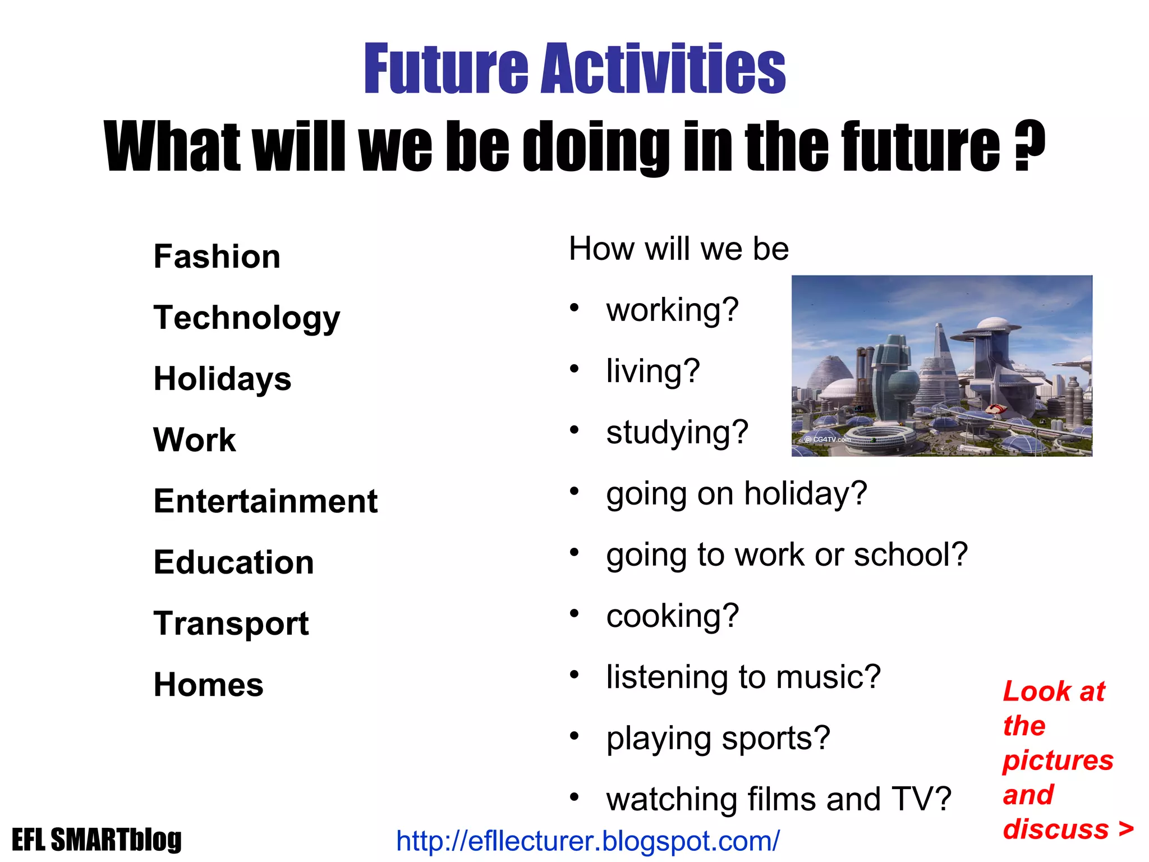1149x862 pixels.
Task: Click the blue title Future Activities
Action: click(574, 70)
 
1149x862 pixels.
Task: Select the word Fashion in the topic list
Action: click(217, 257)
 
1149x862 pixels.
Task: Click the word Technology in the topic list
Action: click(247, 318)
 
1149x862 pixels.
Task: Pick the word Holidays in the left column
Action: click(222, 379)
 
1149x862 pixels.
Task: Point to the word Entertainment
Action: click(265, 501)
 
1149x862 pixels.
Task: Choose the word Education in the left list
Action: click(233, 562)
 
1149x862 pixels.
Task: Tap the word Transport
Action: click(231, 623)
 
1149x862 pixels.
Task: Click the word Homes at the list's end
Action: click(208, 685)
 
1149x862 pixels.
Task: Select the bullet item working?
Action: click(672, 310)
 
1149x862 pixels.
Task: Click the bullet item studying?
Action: click(677, 433)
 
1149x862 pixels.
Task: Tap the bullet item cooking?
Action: click(672, 616)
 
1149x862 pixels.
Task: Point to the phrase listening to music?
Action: click(743, 677)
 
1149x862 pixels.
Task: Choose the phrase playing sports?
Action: click(718, 739)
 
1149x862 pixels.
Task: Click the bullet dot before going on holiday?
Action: click(574, 492)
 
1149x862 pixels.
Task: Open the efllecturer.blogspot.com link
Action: click(587, 841)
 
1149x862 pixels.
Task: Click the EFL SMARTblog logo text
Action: click(96, 840)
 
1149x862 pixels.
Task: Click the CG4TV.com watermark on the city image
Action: click(829, 439)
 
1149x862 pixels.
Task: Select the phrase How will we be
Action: click(679, 249)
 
